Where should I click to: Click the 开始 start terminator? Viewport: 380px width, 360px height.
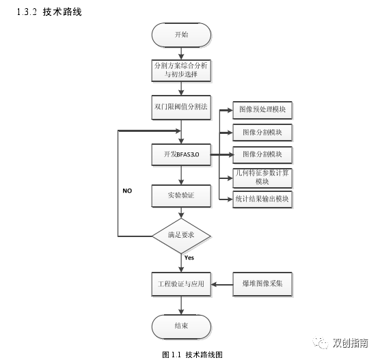(x=180, y=34)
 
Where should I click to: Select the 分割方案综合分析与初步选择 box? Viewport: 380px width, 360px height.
(x=180, y=69)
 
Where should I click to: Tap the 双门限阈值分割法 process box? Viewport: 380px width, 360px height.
(x=180, y=106)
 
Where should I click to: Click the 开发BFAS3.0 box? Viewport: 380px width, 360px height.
(x=180, y=155)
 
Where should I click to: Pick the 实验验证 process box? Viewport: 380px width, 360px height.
(x=180, y=195)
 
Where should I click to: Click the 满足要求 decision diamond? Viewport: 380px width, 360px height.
(x=180, y=236)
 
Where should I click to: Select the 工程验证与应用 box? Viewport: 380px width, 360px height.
(x=180, y=281)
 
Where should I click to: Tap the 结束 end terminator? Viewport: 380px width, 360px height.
(x=180, y=325)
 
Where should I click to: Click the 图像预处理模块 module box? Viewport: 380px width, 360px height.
(x=262, y=109)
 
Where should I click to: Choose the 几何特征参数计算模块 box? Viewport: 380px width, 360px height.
(x=262, y=177)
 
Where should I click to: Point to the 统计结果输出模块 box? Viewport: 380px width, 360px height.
(x=262, y=199)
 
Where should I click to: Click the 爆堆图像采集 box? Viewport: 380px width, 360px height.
(x=262, y=281)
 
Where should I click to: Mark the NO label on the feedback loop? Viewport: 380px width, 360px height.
(x=127, y=191)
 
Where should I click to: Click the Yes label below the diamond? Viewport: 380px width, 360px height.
(x=189, y=258)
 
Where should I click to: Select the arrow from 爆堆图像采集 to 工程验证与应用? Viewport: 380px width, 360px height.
(x=223, y=281)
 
